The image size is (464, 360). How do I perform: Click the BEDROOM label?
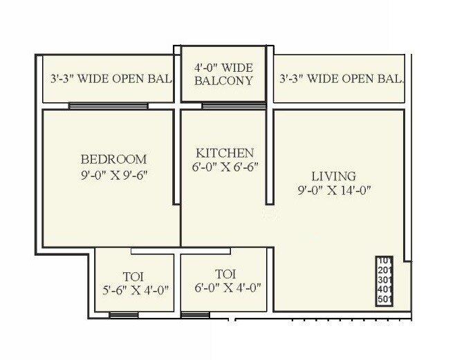coord(113,158)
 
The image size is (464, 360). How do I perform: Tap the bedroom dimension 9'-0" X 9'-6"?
coord(113,175)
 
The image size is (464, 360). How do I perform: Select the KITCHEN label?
coord(224,153)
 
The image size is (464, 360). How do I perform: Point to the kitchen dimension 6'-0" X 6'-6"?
coord(225,167)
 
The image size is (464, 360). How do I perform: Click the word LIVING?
coord(333,176)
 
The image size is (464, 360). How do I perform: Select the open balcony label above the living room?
coord(341,79)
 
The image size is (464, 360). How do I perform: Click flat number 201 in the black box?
coord(384,270)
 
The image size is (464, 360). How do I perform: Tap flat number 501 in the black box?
coord(384,300)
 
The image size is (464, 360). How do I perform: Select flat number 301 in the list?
coord(384,280)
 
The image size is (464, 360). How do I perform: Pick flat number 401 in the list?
coord(384,290)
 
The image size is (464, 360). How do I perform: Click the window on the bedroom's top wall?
coord(108,106)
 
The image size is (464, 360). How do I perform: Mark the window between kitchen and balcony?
coord(223,106)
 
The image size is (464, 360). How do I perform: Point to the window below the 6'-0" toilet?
coord(195,315)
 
